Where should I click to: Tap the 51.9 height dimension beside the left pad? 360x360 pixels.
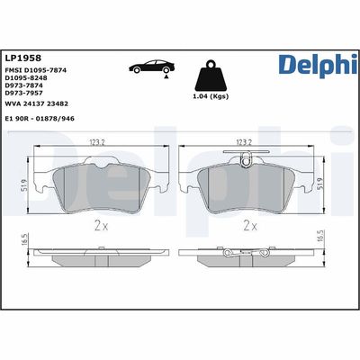(21, 184)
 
